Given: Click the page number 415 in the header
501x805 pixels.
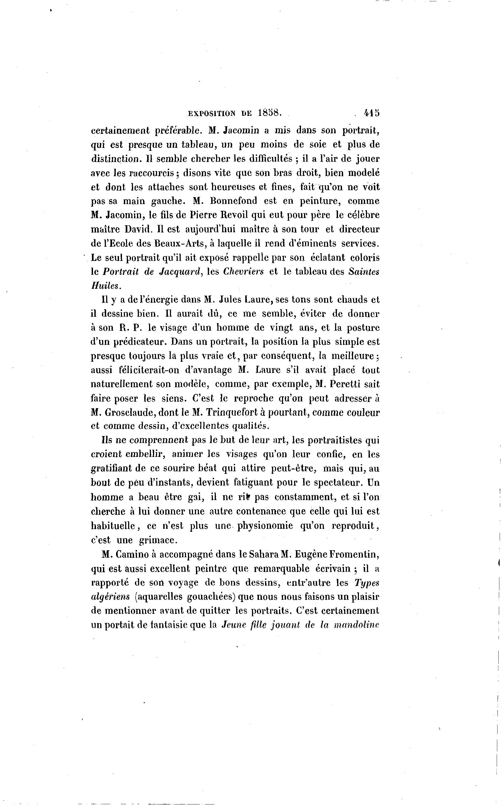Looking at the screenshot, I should tap(372, 113).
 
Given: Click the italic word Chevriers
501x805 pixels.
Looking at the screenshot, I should tap(244, 271).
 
